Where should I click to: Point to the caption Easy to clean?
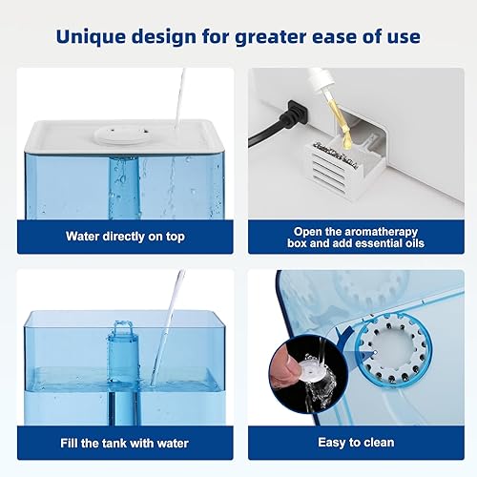click(356, 443)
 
